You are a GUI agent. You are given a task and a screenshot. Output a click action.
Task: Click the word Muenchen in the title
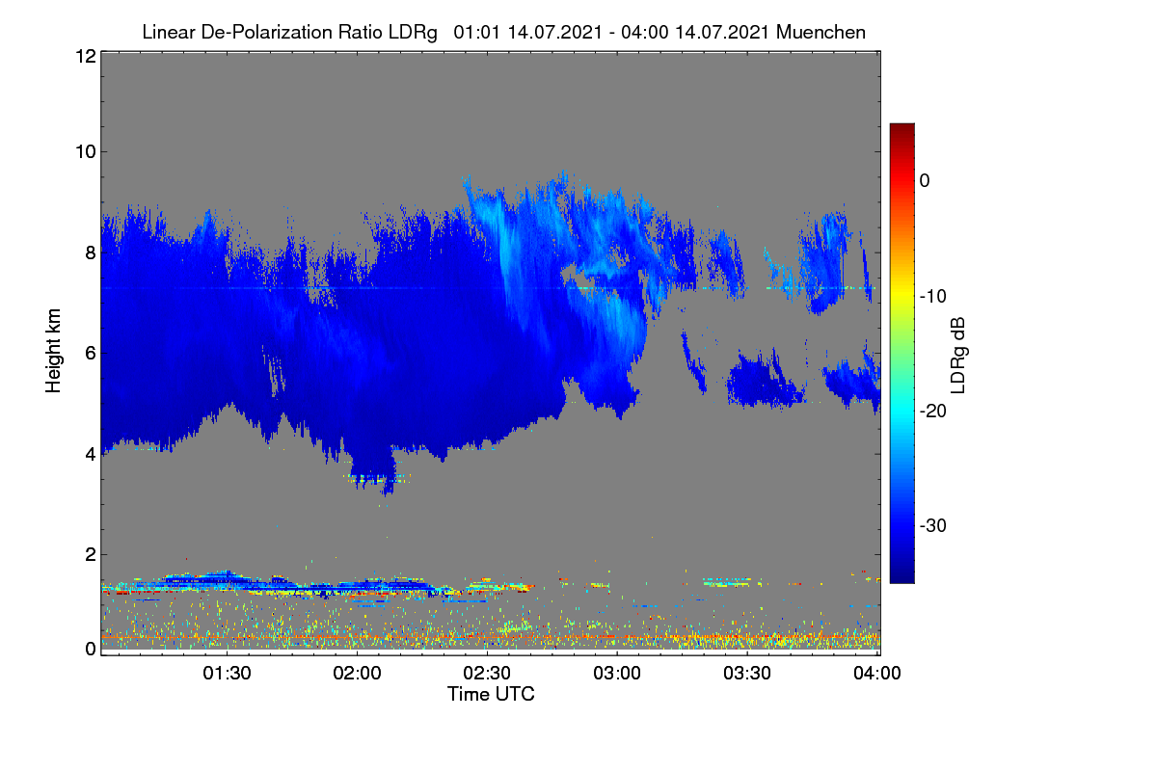pyautogui.click(x=821, y=32)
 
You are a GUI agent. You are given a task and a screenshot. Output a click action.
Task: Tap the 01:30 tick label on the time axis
pyautogui.click(x=227, y=673)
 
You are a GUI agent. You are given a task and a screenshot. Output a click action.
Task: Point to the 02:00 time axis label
pyautogui.click(x=357, y=673)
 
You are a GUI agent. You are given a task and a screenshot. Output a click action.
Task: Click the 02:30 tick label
pyautogui.click(x=487, y=673)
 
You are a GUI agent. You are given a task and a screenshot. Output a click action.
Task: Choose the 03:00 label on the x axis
pyautogui.click(x=617, y=673)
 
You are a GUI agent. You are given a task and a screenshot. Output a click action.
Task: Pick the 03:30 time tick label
pyautogui.click(x=747, y=673)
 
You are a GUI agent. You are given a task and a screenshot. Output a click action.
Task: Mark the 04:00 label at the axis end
pyautogui.click(x=877, y=673)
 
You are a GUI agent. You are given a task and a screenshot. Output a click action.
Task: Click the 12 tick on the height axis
pyautogui.click(x=86, y=56)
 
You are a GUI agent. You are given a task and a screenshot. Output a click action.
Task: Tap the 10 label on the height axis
pyautogui.click(x=86, y=152)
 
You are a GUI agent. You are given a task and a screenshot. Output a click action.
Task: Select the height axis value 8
pyautogui.click(x=91, y=253)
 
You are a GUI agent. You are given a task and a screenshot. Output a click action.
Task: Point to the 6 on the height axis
pyautogui.click(x=91, y=354)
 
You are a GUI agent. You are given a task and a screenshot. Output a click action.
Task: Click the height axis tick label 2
pyautogui.click(x=91, y=554)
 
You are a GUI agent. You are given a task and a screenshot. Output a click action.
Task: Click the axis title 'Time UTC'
pyautogui.click(x=491, y=694)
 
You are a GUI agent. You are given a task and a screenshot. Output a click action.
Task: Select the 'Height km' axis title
pyautogui.click(x=53, y=351)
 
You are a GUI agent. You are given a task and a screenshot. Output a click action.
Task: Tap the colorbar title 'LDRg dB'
pyautogui.click(x=957, y=356)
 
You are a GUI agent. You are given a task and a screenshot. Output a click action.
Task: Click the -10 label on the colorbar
pyautogui.click(x=933, y=297)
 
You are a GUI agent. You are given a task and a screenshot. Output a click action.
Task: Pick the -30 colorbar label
pyautogui.click(x=933, y=525)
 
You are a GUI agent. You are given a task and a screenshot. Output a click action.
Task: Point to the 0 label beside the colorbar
pyautogui.click(x=925, y=181)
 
